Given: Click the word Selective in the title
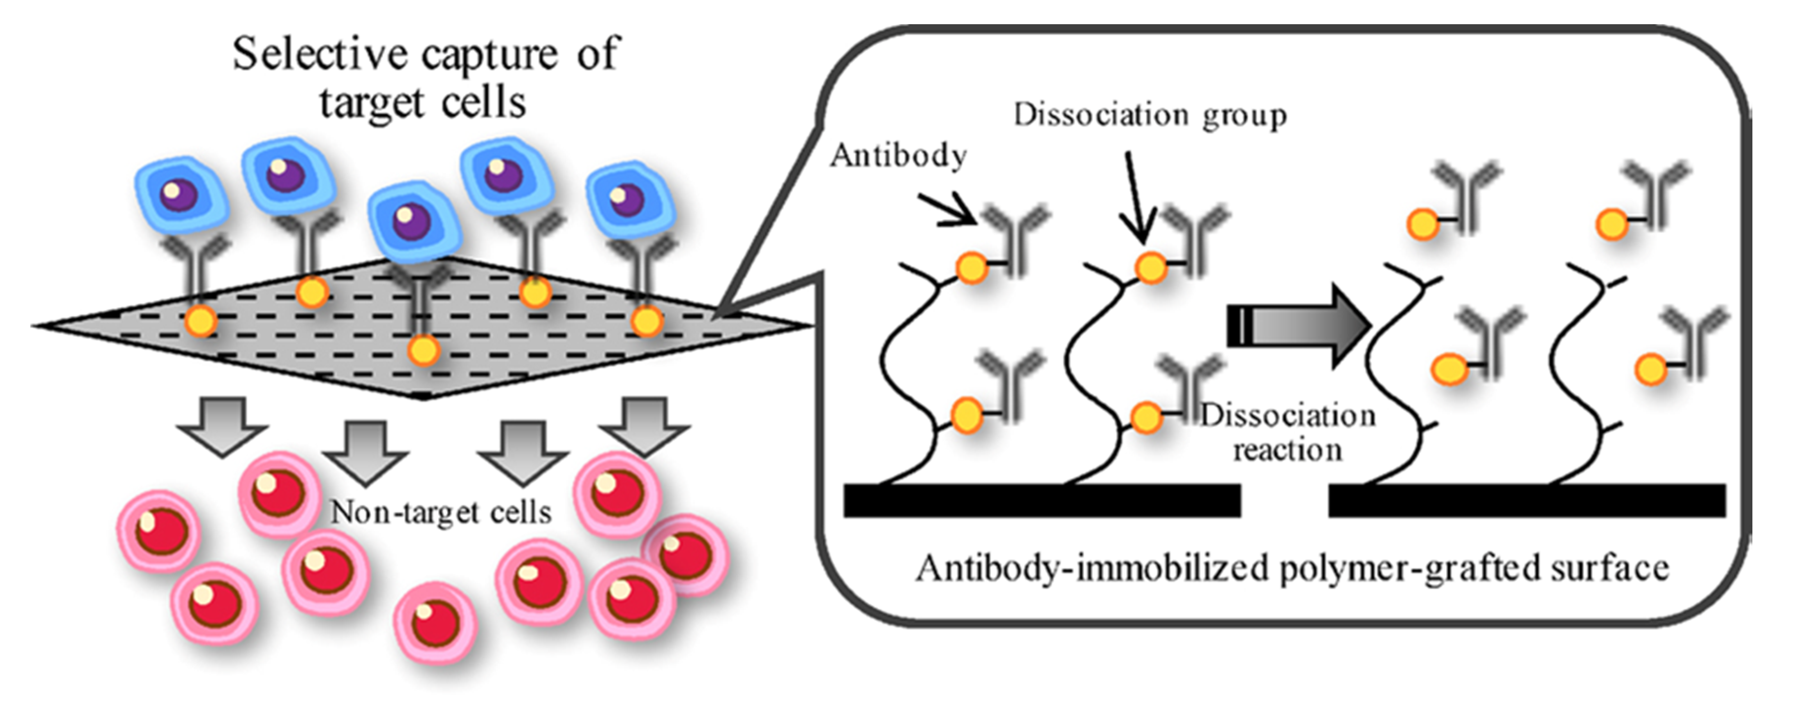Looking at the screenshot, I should [x=319, y=54].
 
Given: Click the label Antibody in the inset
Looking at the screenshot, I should [x=898, y=156].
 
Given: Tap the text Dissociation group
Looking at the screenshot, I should [x=1150, y=115].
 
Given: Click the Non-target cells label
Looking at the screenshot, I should [x=441, y=513].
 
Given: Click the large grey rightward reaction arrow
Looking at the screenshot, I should [x=1298, y=325].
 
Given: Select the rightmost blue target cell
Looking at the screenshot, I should [x=629, y=200].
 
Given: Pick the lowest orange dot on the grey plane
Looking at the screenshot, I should [x=423, y=350].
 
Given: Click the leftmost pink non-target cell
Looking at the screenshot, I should [x=159, y=531].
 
